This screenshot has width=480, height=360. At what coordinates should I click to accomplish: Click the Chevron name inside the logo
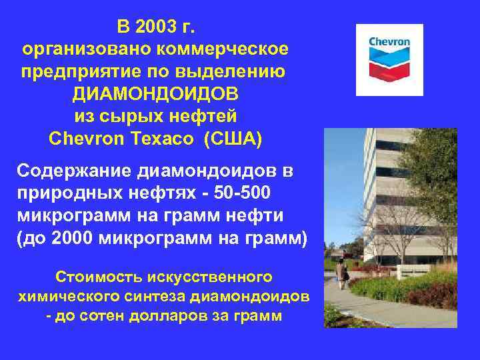coord(389,41)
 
